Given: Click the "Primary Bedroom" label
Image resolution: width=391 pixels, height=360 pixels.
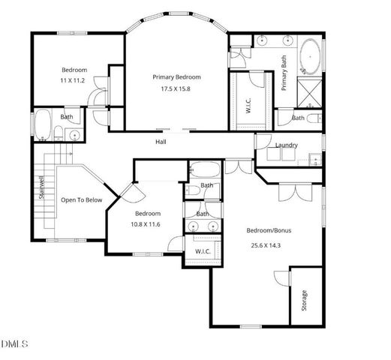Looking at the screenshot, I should point(176,77).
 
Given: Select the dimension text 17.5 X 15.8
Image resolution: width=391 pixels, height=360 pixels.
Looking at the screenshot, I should point(176,88).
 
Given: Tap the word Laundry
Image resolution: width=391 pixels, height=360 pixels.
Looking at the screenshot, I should point(287,145).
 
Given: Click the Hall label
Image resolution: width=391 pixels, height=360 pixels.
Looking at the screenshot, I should point(161,142).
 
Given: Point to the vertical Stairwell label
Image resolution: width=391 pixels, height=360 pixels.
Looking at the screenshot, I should point(42,187).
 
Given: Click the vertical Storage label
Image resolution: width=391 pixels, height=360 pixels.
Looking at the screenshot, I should point(304,300).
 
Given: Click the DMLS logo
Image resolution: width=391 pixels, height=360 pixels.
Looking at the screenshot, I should point(15,344).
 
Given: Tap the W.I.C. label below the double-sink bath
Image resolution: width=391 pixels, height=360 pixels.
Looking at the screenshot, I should point(203,250).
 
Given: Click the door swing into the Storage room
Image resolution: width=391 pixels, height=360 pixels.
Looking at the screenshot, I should point(281,277).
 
